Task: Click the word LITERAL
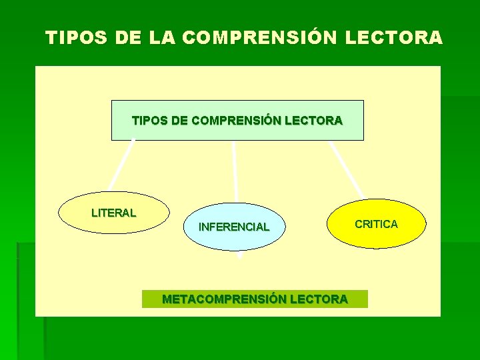point(113,213)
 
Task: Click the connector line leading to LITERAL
point(122,165)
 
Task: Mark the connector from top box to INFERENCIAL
point(235,171)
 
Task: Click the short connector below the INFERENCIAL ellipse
point(239,255)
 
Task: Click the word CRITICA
point(377,224)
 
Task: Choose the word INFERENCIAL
point(234,227)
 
